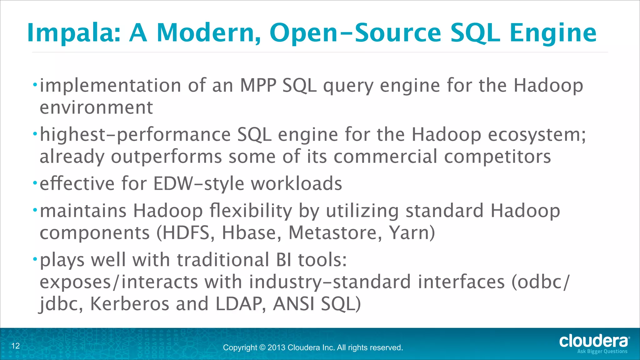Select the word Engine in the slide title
(553, 33)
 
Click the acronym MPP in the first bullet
(258, 85)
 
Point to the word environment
(96, 107)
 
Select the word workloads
(297, 183)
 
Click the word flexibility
(251, 211)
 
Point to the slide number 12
(16, 346)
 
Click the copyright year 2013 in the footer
(276, 347)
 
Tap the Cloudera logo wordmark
(594, 341)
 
